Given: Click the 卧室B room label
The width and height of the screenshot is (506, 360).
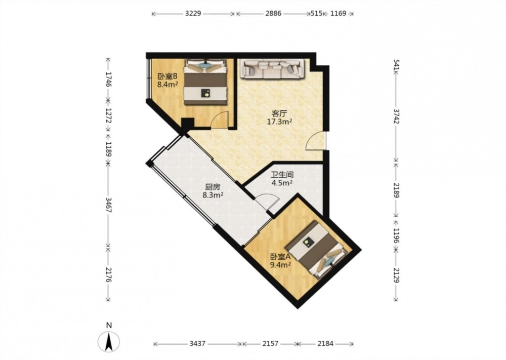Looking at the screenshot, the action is [167, 77].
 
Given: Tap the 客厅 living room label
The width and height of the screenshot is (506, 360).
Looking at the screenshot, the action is [279, 113].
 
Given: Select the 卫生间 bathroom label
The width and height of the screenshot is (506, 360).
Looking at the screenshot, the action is [282, 175].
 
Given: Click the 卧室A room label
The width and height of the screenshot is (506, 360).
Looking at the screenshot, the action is [281, 257].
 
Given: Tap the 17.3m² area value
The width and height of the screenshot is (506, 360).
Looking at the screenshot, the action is [279, 122].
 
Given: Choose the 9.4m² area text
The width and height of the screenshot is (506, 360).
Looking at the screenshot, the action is [281, 265].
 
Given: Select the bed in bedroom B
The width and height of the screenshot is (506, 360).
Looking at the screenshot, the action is [205, 82].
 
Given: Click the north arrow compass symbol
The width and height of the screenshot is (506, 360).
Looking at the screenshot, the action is [109, 341].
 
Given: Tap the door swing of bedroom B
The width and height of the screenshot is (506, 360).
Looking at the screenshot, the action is [220, 120].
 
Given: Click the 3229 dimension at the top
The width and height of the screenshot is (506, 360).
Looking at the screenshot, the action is [193, 14].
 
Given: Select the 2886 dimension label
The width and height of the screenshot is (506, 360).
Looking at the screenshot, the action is [273, 14].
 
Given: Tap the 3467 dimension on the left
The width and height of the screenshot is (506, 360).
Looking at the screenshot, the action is [108, 205].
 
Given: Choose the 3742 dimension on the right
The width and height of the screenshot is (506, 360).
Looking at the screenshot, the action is [396, 116].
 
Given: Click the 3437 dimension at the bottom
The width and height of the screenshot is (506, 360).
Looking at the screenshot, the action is [197, 343].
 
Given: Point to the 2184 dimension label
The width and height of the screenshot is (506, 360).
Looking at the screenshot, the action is [325, 343].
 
